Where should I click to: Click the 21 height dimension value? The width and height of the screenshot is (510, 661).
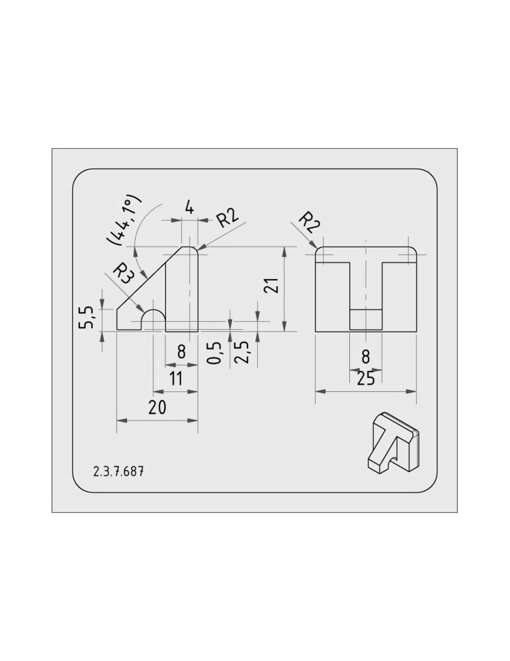click(x=271, y=286)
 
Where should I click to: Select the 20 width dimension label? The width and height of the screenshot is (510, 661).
click(x=157, y=407)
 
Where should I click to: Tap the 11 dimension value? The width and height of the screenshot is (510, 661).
click(x=175, y=379)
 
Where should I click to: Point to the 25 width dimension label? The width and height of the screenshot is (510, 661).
click(x=365, y=379)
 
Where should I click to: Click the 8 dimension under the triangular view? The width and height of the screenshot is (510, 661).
click(x=181, y=351)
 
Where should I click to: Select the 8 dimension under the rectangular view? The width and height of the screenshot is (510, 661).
click(x=366, y=357)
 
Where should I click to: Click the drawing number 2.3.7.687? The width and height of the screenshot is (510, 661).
click(x=118, y=471)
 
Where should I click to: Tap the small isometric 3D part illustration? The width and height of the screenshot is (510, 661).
click(x=393, y=443)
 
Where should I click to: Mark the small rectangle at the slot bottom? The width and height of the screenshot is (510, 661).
click(x=366, y=320)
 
